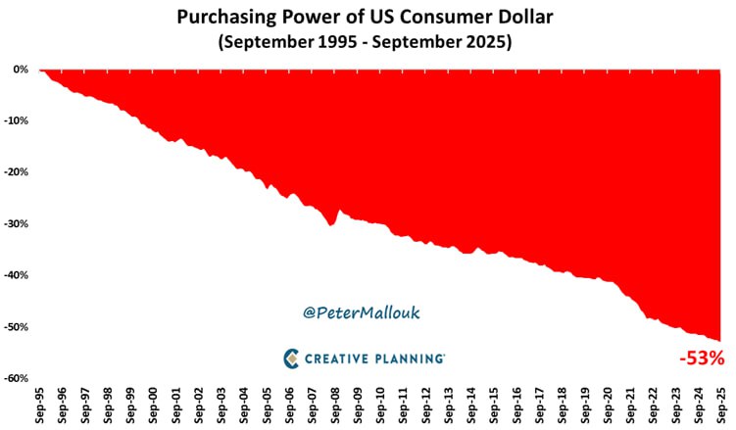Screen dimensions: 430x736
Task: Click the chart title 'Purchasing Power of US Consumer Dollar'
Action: click(368, 17)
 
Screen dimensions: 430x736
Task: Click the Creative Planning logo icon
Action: click(292, 358)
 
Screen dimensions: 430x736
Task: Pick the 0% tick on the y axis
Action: click(20, 70)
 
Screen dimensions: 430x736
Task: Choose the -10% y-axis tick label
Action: click(16, 121)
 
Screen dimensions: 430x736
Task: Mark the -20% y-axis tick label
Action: click(16, 172)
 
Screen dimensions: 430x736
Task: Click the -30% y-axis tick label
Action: click(16, 224)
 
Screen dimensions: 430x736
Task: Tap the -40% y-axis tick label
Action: click(16, 275)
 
